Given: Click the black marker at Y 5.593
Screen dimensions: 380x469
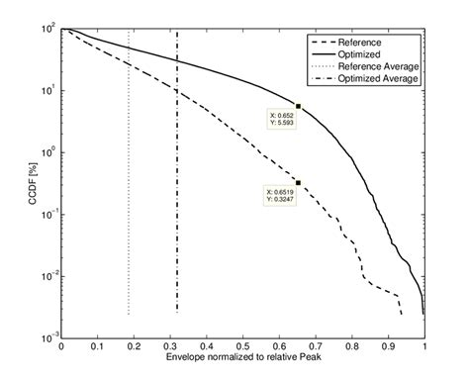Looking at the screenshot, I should click(x=298, y=106).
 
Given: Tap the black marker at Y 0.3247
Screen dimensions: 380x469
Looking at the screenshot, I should click(x=298, y=182).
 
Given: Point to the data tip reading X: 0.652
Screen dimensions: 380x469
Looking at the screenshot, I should click(x=279, y=120).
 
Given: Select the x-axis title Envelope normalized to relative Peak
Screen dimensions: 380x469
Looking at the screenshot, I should click(x=242, y=357).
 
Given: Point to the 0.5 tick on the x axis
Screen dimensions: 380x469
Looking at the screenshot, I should click(x=242, y=346).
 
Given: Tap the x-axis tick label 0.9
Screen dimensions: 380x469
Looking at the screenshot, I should click(x=388, y=346).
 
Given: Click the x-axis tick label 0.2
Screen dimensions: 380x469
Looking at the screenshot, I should click(x=134, y=346).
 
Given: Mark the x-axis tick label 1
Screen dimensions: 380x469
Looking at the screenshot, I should click(x=424, y=346).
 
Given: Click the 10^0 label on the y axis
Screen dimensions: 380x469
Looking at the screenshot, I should click(x=47, y=153).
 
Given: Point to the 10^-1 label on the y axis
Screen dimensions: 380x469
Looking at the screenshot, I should click(x=47, y=215).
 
